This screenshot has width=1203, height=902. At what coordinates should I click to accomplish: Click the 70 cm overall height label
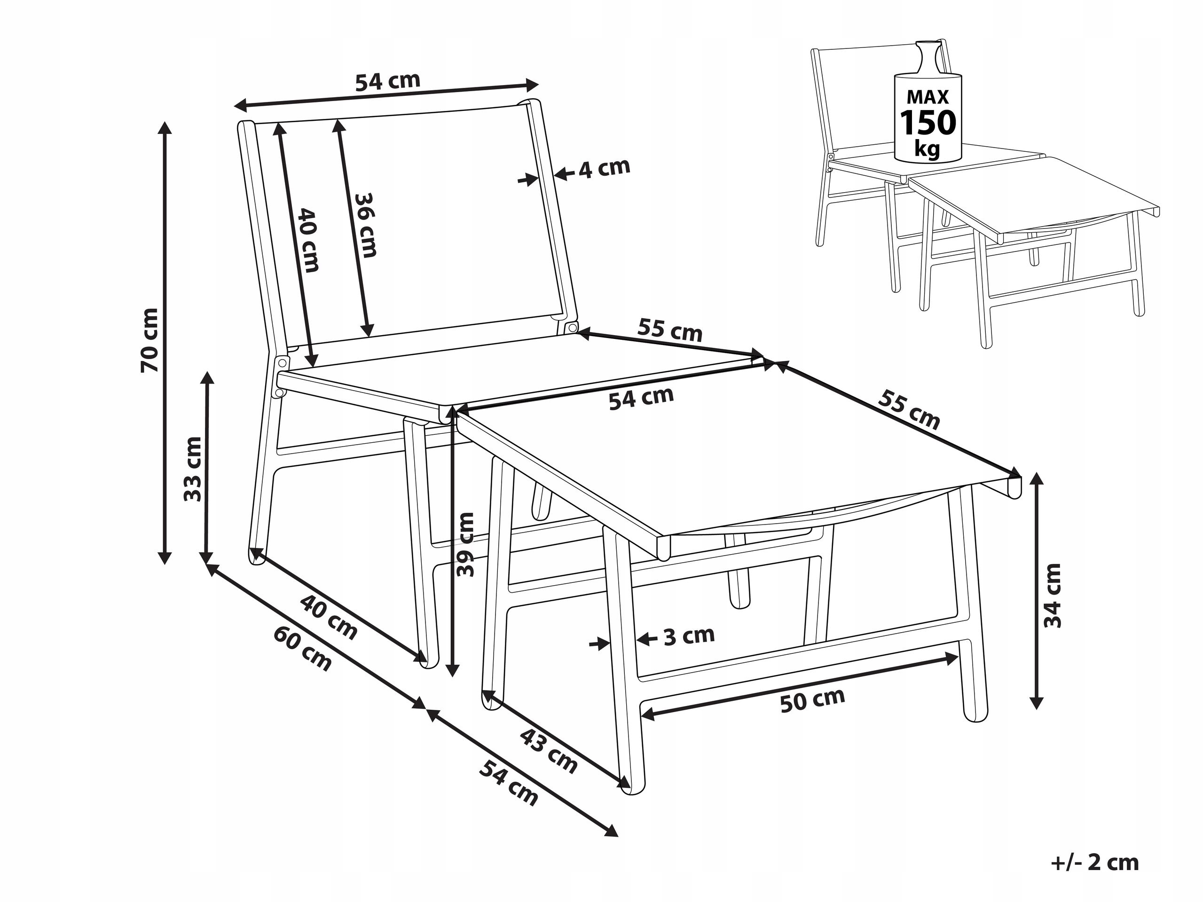(149, 340)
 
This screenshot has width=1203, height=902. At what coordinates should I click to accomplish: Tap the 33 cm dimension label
(193, 469)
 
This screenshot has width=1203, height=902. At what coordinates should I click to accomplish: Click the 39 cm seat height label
(465, 544)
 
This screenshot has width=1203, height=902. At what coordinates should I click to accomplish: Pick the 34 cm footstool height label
(1053, 596)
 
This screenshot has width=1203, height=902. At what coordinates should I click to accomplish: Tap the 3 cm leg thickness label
(689, 635)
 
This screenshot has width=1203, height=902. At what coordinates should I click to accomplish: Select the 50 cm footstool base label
(812, 700)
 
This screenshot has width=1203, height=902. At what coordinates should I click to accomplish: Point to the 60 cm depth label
(302, 649)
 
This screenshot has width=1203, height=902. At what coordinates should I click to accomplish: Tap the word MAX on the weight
(928, 97)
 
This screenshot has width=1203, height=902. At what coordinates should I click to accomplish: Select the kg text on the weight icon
(927, 149)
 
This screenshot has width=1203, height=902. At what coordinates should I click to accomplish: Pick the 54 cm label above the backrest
(388, 81)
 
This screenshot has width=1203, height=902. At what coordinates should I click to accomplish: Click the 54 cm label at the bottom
(509, 784)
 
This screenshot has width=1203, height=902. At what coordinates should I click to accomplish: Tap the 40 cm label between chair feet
(329, 618)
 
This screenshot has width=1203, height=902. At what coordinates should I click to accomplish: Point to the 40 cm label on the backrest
(308, 240)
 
